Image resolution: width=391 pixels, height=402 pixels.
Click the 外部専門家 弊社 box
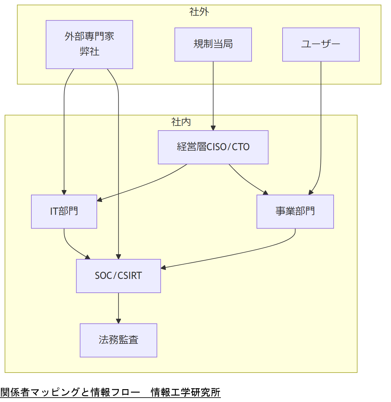coord(89,44)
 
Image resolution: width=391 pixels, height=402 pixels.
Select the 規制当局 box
coord(213,44)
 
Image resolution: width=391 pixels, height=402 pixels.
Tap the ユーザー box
coord(321,44)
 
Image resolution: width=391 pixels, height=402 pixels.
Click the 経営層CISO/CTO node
coord(213,147)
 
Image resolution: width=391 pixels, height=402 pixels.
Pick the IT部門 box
coord(64,212)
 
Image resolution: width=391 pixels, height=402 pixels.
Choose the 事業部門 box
coord(295,212)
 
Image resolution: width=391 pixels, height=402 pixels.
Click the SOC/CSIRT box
coord(118,276)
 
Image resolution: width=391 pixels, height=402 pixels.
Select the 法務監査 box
coord(118,340)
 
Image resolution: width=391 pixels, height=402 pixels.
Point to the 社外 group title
coord(199,12)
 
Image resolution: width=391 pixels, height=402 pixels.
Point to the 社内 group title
coord(181,122)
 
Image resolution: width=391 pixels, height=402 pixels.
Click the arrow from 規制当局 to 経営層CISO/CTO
coord(213,94)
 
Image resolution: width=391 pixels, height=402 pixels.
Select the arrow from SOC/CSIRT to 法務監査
coord(118,307)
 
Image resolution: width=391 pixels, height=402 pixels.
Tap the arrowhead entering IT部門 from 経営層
coord(100,199)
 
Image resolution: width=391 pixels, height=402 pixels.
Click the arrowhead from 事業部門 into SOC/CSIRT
coord(163,268)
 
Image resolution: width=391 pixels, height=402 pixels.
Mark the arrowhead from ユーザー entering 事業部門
coord(310,193)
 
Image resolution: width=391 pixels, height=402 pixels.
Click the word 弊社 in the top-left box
coord(89,52)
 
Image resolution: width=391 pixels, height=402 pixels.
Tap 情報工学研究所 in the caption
coord(185,392)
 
